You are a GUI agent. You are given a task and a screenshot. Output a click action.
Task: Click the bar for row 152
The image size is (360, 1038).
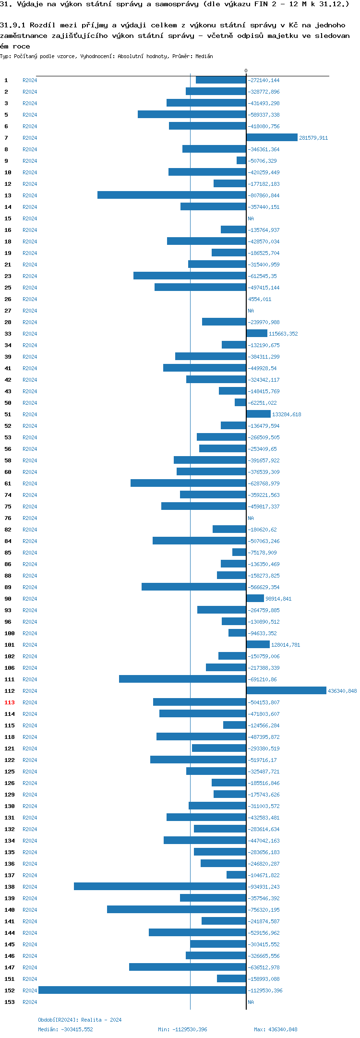pyautogui.click(x=142, y=990)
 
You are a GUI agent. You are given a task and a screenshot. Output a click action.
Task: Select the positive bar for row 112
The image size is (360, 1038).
pyautogui.click(x=286, y=691)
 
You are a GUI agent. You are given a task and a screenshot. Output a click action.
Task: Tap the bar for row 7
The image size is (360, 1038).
pyautogui.click(x=272, y=138)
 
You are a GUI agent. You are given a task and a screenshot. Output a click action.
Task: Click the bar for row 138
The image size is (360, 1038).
pyautogui.click(x=160, y=887)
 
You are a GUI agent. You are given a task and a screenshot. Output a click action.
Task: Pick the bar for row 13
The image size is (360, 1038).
pyautogui.click(x=171, y=195)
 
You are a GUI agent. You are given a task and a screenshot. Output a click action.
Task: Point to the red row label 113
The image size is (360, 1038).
pyautogui.click(x=10, y=702)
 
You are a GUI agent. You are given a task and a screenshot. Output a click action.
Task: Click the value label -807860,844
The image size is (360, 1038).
pyautogui.click(x=264, y=195)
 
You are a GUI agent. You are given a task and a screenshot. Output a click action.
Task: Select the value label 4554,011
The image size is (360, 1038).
pyautogui.click(x=260, y=299)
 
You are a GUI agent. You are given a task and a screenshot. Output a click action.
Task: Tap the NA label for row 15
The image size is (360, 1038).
pyautogui.click(x=251, y=218)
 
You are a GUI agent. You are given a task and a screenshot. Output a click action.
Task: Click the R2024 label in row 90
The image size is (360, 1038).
pyautogui.click(x=30, y=599)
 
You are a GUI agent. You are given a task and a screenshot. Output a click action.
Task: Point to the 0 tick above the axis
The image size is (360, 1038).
pyautogui.click(x=246, y=71)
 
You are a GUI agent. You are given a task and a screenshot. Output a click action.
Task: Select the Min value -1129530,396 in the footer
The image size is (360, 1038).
pyautogui.click(x=182, y=1029)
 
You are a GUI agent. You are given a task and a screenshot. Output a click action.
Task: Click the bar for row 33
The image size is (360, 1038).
pyautogui.click(x=257, y=334)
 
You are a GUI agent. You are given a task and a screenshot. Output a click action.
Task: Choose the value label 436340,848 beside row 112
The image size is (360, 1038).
pyautogui.click(x=342, y=691)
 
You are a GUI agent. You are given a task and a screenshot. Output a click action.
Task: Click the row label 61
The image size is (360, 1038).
pyautogui.click(x=8, y=483)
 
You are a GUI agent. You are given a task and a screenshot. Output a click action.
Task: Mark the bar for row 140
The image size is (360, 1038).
pyautogui.click(x=176, y=910)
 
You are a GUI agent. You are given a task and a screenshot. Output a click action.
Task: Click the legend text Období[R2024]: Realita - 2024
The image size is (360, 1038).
pyautogui.click(x=80, y=1020)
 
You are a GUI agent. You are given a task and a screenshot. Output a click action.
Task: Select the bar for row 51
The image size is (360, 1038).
pyautogui.click(x=258, y=414)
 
